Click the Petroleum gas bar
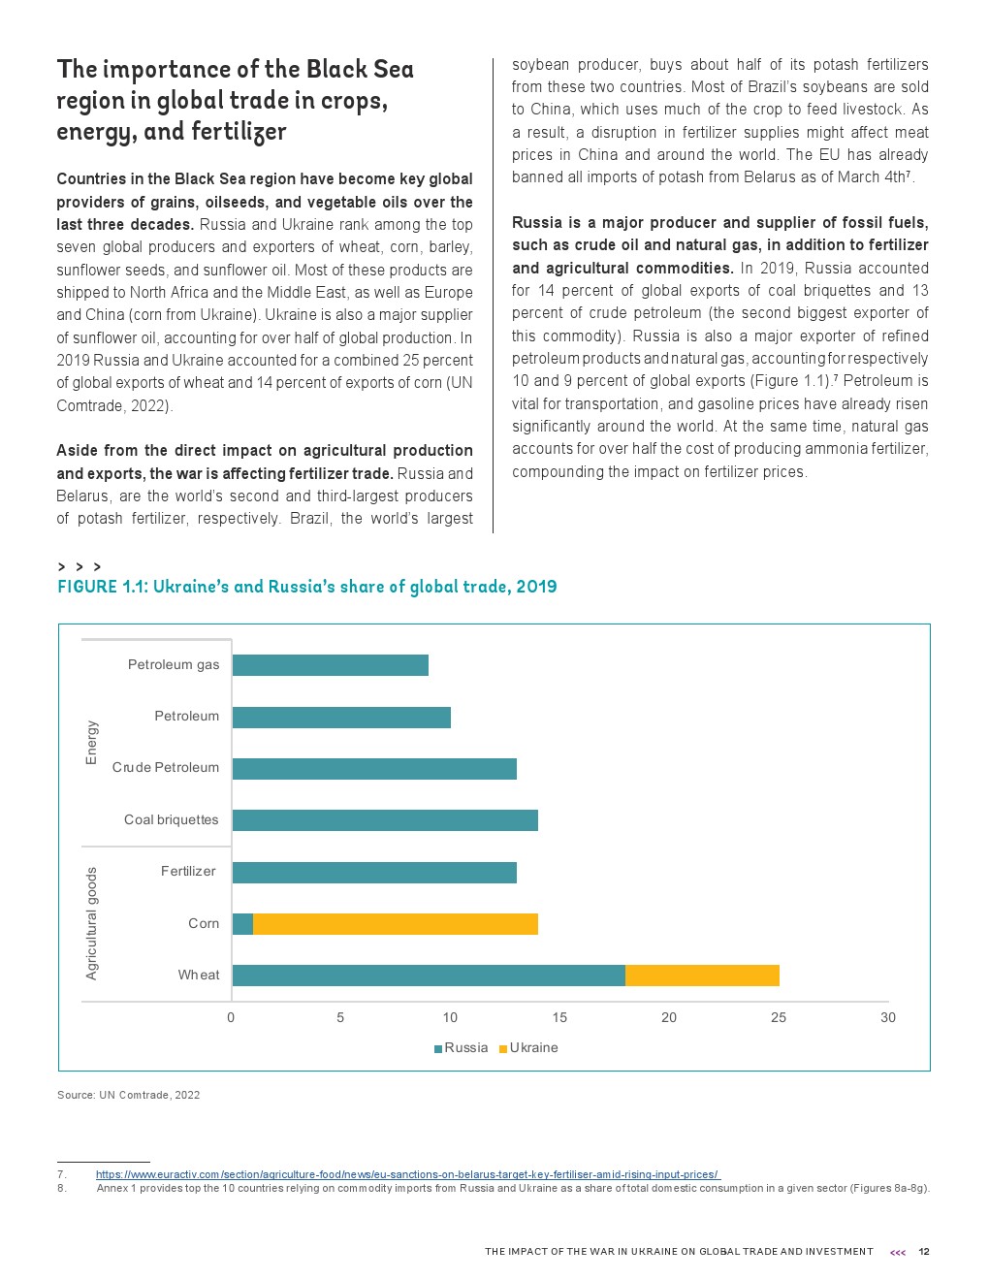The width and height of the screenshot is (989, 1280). (x=330, y=665)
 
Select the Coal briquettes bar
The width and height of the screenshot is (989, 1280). (x=385, y=820)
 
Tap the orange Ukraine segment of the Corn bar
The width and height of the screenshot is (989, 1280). (x=396, y=924)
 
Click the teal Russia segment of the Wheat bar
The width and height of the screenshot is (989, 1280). (x=429, y=976)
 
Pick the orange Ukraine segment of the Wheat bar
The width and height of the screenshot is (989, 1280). (x=702, y=976)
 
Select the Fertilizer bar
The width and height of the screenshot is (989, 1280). (x=374, y=873)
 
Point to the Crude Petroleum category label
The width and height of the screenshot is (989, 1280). (x=166, y=768)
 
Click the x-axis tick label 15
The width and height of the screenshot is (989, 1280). (x=559, y=1017)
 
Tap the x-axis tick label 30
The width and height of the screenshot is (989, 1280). (x=888, y=1017)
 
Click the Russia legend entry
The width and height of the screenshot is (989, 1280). (x=462, y=1048)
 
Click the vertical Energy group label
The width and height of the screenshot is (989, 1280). (x=92, y=743)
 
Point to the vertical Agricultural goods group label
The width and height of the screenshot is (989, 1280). (x=92, y=923)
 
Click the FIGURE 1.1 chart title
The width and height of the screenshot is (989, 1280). (x=307, y=587)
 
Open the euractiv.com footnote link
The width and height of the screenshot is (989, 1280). (x=407, y=1175)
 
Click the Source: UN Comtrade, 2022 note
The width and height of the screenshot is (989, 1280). (x=129, y=1096)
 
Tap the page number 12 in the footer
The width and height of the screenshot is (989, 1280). (x=924, y=1252)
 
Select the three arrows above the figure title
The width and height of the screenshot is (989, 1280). (x=80, y=566)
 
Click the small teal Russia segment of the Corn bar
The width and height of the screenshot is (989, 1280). (x=242, y=924)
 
